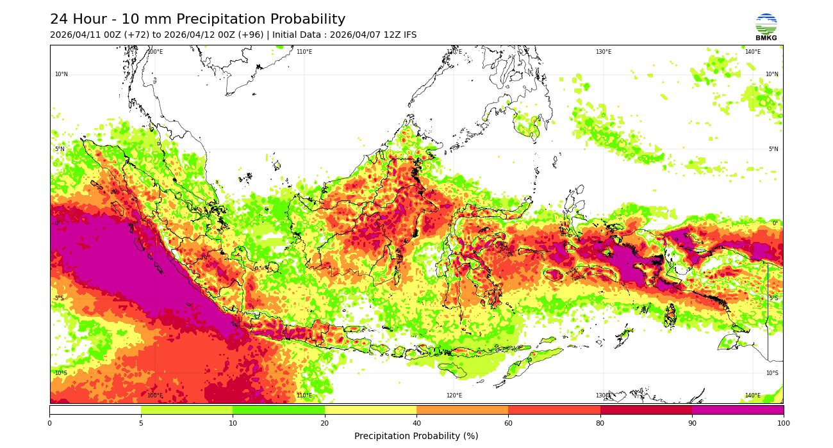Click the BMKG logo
pyautogui.click(x=766, y=27)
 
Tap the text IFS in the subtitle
pyautogui.click(x=408, y=35)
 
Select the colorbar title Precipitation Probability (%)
pyautogui.click(x=416, y=436)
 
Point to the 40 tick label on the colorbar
pyautogui.click(x=416, y=423)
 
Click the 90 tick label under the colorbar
pyautogui.click(x=692, y=423)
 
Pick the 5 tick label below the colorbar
pyautogui.click(x=141, y=423)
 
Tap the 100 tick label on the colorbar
pyautogui.click(x=783, y=423)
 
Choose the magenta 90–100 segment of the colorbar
pyautogui.click(x=738, y=410)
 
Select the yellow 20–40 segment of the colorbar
pyautogui.click(x=370, y=410)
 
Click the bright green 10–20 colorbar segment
pyautogui.click(x=279, y=410)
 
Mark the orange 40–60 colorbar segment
pyautogui.click(x=462, y=410)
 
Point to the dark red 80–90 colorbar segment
pyautogui.click(x=646, y=410)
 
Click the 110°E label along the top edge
pyautogui.click(x=304, y=52)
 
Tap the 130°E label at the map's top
pyautogui.click(x=604, y=52)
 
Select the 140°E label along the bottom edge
pyautogui.click(x=753, y=396)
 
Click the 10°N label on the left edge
pyautogui.click(x=61, y=74)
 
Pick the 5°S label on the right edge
pyautogui.click(x=773, y=298)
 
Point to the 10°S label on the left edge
pyautogui.click(x=61, y=373)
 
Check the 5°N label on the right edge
pyautogui.click(x=773, y=149)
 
